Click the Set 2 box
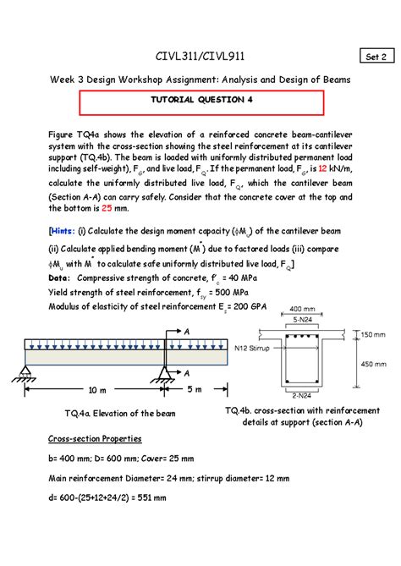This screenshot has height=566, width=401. pos(376,56)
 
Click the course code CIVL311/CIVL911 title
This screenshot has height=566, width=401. pos(200,57)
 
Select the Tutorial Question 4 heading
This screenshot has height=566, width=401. pos(201,100)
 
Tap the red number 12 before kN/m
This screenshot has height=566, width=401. pos(322,168)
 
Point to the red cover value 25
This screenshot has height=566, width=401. pos(107,208)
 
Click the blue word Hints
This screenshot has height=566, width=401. pos(63,231)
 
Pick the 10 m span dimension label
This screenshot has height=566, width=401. pos(97,390)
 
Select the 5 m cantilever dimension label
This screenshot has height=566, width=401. pos(195,389)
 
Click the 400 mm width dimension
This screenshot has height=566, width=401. pos(302,309)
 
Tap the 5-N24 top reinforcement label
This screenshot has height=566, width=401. pos(302,320)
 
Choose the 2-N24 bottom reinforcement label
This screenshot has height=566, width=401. pos(302,396)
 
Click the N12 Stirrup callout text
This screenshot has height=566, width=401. pos(252,349)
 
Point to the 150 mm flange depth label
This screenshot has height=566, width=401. pos(373,335)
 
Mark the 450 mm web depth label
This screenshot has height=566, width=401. pos(374,364)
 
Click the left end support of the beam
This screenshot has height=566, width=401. pos(25,373)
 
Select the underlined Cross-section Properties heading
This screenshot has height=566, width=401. pos(95,438)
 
